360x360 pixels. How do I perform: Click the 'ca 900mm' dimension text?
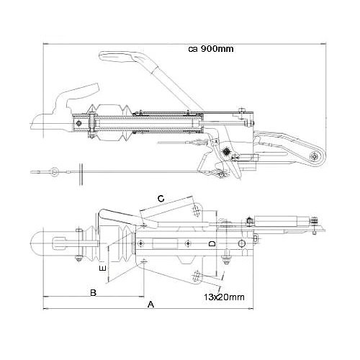[x=211, y=49]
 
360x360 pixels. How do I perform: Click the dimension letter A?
[x=150, y=305]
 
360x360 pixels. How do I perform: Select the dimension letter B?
[x=93, y=293]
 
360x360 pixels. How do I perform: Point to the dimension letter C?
[x=161, y=199]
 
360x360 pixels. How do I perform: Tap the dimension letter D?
[x=212, y=244]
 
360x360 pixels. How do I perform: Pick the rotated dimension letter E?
[x=103, y=268]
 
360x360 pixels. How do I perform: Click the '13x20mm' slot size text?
[x=224, y=297]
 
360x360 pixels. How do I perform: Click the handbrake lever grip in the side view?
[x=117, y=57]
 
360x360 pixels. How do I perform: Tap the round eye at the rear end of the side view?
[x=314, y=156]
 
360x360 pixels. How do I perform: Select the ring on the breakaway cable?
[x=55, y=171]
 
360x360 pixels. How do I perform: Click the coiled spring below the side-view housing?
[x=226, y=151]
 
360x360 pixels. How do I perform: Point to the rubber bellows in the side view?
[x=109, y=124]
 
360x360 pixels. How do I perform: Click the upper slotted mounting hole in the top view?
[x=197, y=210]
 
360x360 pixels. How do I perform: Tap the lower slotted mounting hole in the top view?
[x=197, y=276]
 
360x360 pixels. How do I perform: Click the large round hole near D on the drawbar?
[x=241, y=243]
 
